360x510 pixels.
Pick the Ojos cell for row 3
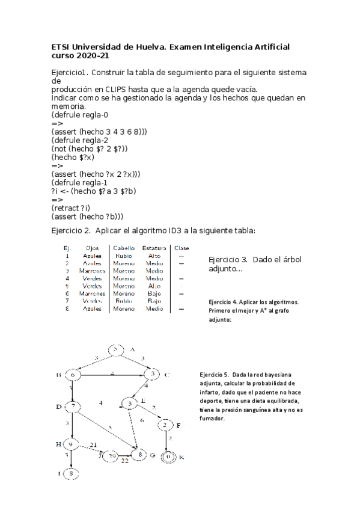92,271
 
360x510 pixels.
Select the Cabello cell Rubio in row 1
124,255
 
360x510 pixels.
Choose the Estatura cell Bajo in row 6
154,293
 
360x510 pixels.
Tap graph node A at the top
116,350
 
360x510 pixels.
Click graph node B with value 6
73,375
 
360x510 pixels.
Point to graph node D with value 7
73,407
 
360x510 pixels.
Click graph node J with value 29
112,457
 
